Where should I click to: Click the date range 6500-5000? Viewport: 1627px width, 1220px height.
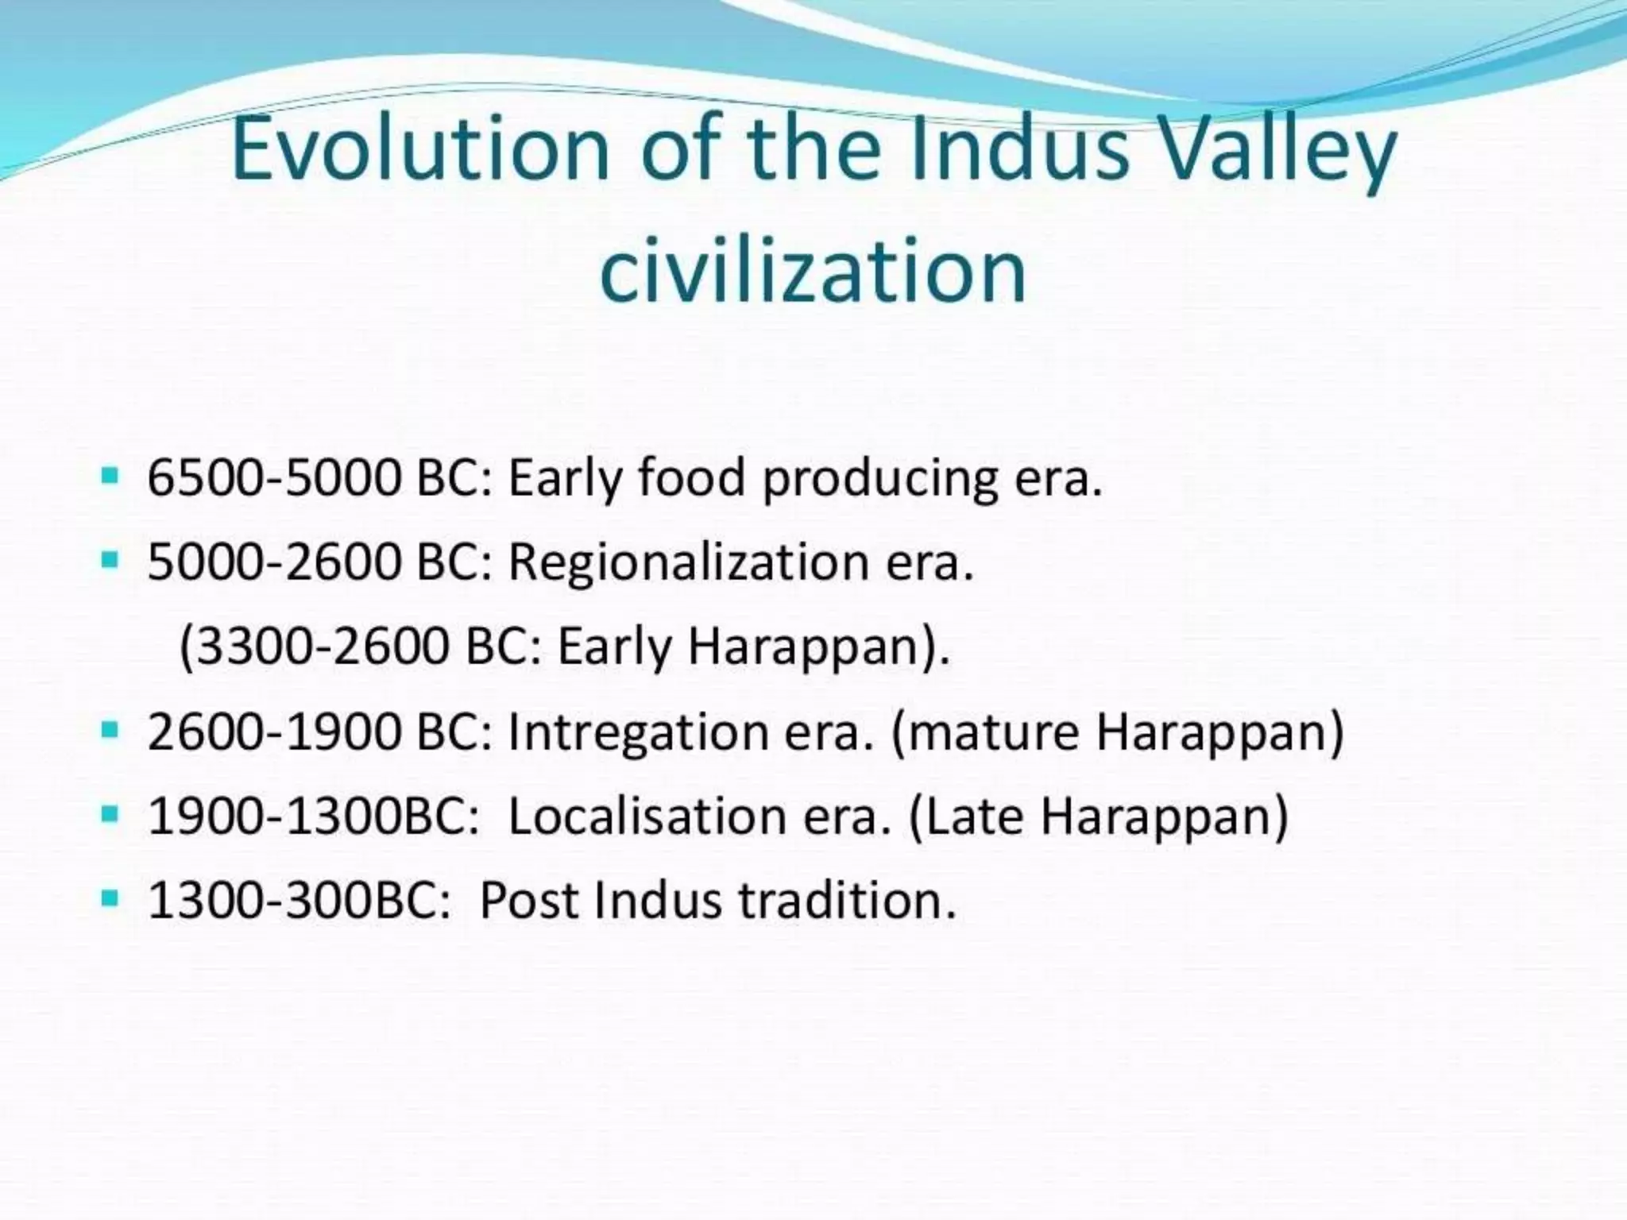click(274, 478)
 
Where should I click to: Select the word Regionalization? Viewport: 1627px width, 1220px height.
click(687, 563)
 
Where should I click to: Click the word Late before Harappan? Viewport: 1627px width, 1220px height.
click(974, 816)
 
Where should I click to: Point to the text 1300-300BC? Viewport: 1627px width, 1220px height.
click(299, 900)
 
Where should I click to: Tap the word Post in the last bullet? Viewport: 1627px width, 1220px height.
click(528, 900)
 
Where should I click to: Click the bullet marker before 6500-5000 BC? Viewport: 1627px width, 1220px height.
click(110, 477)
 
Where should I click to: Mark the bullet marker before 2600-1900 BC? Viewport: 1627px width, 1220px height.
click(110, 729)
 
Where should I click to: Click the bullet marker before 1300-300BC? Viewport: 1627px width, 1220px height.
click(110, 898)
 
